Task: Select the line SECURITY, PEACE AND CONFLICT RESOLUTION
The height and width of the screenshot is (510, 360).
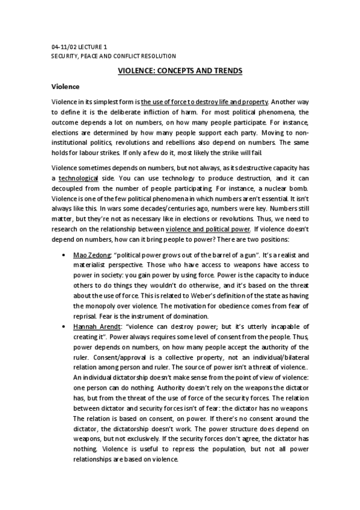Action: (x=114, y=56)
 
